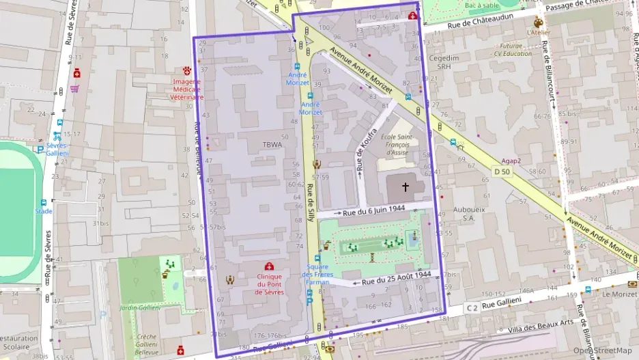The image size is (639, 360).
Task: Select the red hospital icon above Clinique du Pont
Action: (x=270, y=266)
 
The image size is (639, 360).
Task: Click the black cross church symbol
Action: (x=405, y=186)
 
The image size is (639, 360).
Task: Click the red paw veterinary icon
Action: (x=186, y=70)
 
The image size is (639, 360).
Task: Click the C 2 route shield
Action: (x=472, y=308)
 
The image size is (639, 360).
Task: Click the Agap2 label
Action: (x=510, y=161)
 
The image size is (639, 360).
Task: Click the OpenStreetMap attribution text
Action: (x=602, y=350)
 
